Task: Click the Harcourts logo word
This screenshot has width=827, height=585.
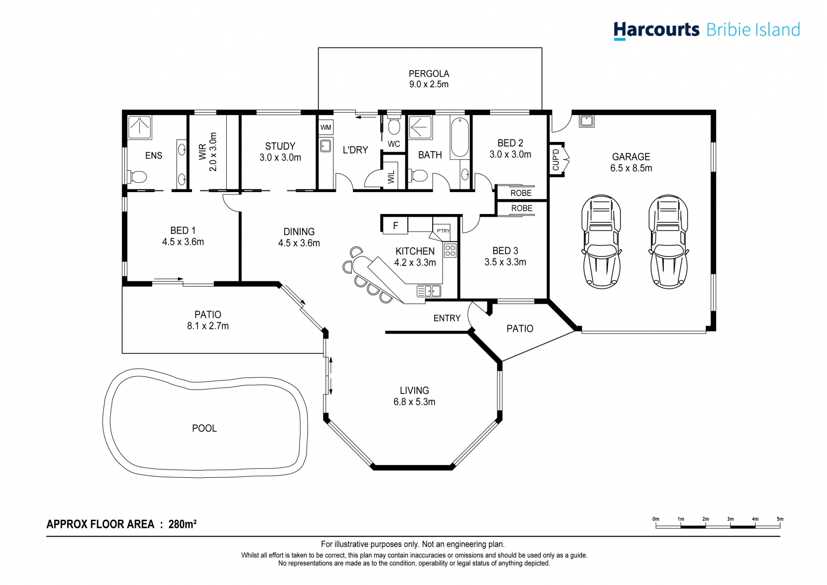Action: point(656,30)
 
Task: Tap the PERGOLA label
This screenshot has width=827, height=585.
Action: point(429,74)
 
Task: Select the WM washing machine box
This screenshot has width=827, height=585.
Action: point(326,127)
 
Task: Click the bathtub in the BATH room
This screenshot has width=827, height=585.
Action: point(460,137)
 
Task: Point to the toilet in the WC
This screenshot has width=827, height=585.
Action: point(394,126)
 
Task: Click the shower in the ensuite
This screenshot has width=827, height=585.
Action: point(140,127)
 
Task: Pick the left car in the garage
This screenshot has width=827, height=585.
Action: point(601,242)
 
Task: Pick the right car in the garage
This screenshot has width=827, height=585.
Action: point(668,242)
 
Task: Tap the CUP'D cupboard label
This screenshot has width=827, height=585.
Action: point(556,159)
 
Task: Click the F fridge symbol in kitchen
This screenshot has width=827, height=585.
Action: point(395,226)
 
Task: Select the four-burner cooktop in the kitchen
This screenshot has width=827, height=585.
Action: point(450,251)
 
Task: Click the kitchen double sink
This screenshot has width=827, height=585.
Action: point(429,291)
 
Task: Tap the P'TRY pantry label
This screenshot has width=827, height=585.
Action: point(443,231)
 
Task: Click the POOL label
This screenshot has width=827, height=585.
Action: point(204,428)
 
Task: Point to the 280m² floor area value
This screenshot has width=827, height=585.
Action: point(182,524)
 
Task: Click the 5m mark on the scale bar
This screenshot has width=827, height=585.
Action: point(780,520)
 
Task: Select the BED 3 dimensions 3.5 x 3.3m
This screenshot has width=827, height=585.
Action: point(505,262)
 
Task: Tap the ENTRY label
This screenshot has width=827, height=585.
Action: point(447,318)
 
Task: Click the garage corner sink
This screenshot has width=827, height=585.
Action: point(586,120)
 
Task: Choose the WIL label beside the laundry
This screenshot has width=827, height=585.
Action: point(391,176)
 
